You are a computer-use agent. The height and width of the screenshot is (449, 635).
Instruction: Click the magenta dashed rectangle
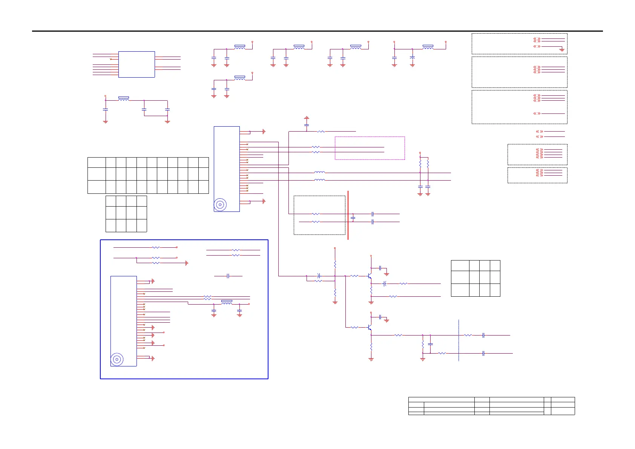tap(370, 137)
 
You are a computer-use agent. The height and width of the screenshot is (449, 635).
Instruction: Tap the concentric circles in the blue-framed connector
tap(117, 359)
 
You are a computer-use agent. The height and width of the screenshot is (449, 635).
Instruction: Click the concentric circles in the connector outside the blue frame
tap(220, 205)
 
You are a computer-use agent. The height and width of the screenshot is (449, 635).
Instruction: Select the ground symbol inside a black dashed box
tap(561, 49)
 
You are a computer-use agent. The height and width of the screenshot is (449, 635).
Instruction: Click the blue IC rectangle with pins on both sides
tap(137, 64)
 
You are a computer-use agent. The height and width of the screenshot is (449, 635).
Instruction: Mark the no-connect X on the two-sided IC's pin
tap(110, 59)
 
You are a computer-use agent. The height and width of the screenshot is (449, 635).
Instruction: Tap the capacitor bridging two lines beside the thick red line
tap(353, 218)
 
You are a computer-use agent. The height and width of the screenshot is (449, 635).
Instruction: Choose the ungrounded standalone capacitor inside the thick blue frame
tap(228, 276)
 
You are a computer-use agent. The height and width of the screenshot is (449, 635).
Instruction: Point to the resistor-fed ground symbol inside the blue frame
tap(187, 263)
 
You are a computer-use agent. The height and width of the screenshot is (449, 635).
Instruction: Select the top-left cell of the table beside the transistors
tap(460, 265)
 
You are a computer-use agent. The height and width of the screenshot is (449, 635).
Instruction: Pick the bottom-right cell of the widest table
tap(204, 187)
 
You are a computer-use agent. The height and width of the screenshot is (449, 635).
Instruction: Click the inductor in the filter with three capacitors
tap(124, 99)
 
